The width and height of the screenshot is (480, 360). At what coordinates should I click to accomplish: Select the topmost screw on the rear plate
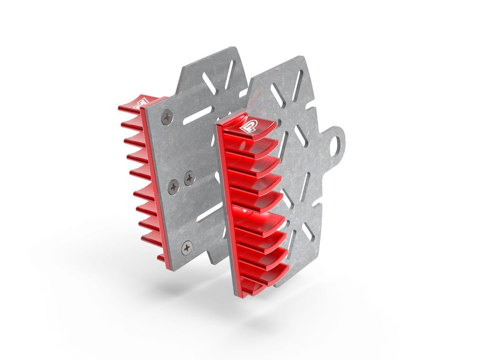(167, 117)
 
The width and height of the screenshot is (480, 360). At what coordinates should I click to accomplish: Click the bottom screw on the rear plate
(187, 248)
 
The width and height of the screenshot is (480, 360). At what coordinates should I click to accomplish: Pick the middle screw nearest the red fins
(173, 186)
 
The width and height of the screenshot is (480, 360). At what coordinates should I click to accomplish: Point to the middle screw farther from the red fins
(190, 178)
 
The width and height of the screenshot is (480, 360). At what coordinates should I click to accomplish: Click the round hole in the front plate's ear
(339, 142)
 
